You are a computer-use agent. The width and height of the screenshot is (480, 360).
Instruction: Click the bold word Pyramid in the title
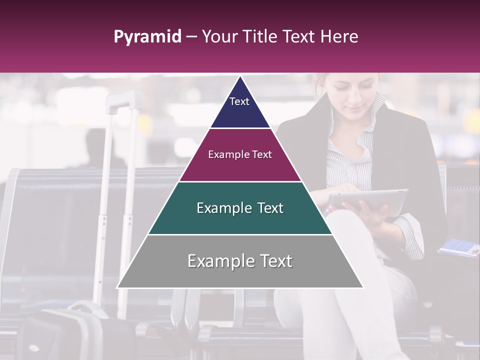pos(147,37)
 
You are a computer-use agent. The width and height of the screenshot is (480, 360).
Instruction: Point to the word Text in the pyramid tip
pos(239,101)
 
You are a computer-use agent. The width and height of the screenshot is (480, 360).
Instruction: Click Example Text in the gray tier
pos(240,261)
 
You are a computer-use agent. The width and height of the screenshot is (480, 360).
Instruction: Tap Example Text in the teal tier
pos(240,208)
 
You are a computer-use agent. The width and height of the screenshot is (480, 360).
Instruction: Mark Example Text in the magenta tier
pos(240,154)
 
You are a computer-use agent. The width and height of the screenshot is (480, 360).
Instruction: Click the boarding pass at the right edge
pos(459,247)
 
